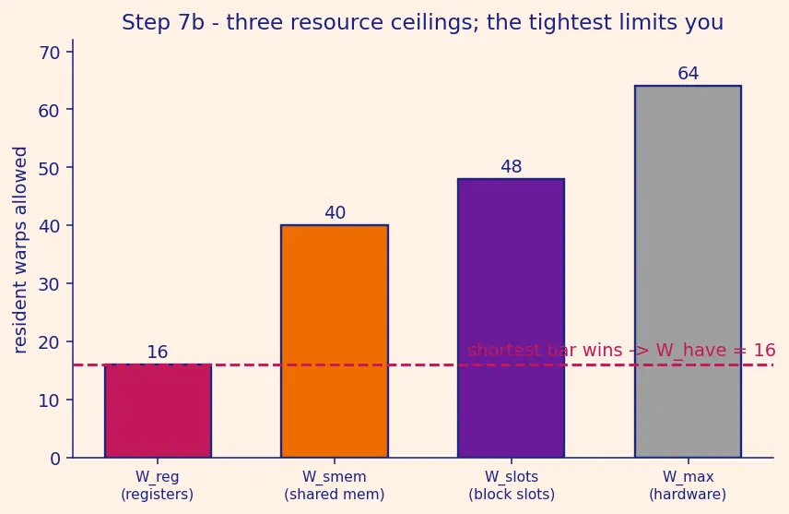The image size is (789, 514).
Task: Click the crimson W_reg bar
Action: [158, 411]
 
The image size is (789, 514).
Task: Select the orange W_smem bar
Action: [335, 341]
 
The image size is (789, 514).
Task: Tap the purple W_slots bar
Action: [512, 318]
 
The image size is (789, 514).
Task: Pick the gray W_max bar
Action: [688, 271]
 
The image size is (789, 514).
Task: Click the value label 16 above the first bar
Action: [158, 353]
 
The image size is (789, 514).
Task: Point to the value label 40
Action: [336, 212]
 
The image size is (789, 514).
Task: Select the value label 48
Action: [512, 167]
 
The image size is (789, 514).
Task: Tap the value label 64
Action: [689, 74]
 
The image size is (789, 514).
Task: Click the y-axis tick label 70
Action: [50, 53]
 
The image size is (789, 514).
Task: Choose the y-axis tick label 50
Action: [50, 168]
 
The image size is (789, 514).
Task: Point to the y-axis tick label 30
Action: [50, 284]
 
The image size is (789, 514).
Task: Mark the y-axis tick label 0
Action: [55, 459]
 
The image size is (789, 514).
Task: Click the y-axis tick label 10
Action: [50, 400]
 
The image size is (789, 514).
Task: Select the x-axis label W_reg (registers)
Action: [157, 485]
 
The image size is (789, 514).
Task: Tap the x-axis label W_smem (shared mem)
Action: [335, 485]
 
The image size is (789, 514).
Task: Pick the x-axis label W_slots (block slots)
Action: [512, 485]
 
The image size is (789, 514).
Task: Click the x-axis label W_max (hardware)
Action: [688, 485]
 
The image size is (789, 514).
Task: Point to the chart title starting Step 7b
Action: [423, 23]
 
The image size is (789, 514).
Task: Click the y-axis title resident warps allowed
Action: [19, 250]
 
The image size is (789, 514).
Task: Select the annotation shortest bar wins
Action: [621, 350]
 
